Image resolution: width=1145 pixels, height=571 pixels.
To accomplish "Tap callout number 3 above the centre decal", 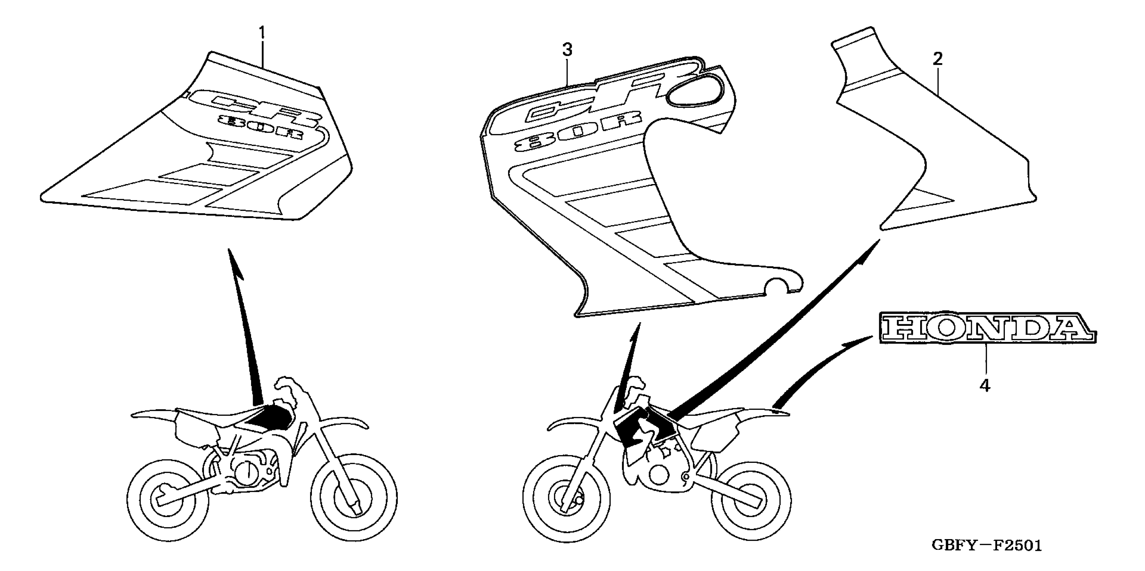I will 567,50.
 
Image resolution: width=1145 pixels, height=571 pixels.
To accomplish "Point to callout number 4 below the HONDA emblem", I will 985,386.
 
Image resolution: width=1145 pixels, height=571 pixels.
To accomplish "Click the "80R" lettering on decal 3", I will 578,132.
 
